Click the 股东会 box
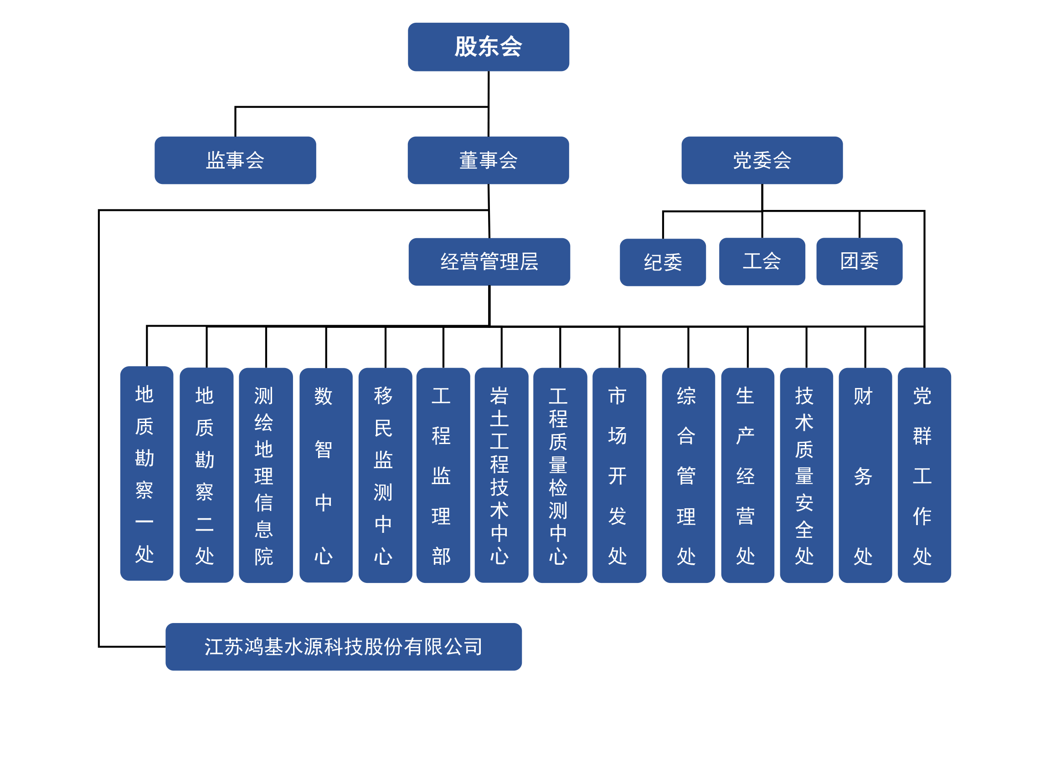(x=489, y=47)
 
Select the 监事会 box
(x=235, y=160)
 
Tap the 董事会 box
(x=488, y=160)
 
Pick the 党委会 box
(x=762, y=160)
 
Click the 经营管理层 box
(x=489, y=261)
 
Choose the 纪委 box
(x=663, y=262)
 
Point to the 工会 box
(x=762, y=261)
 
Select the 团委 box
(x=859, y=261)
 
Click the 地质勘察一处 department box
(x=146, y=473)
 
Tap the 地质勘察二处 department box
(x=206, y=475)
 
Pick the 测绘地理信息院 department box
(x=265, y=475)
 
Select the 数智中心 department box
(x=325, y=475)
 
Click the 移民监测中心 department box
(x=385, y=475)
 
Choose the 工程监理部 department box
(x=443, y=475)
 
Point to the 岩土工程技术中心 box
(x=501, y=475)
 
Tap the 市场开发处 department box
(x=619, y=475)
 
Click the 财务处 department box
(x=865, y=475)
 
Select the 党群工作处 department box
(x=924, y=475)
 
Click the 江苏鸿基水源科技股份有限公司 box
(x=343, y=646)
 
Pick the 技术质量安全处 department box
(x=806, y=475)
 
